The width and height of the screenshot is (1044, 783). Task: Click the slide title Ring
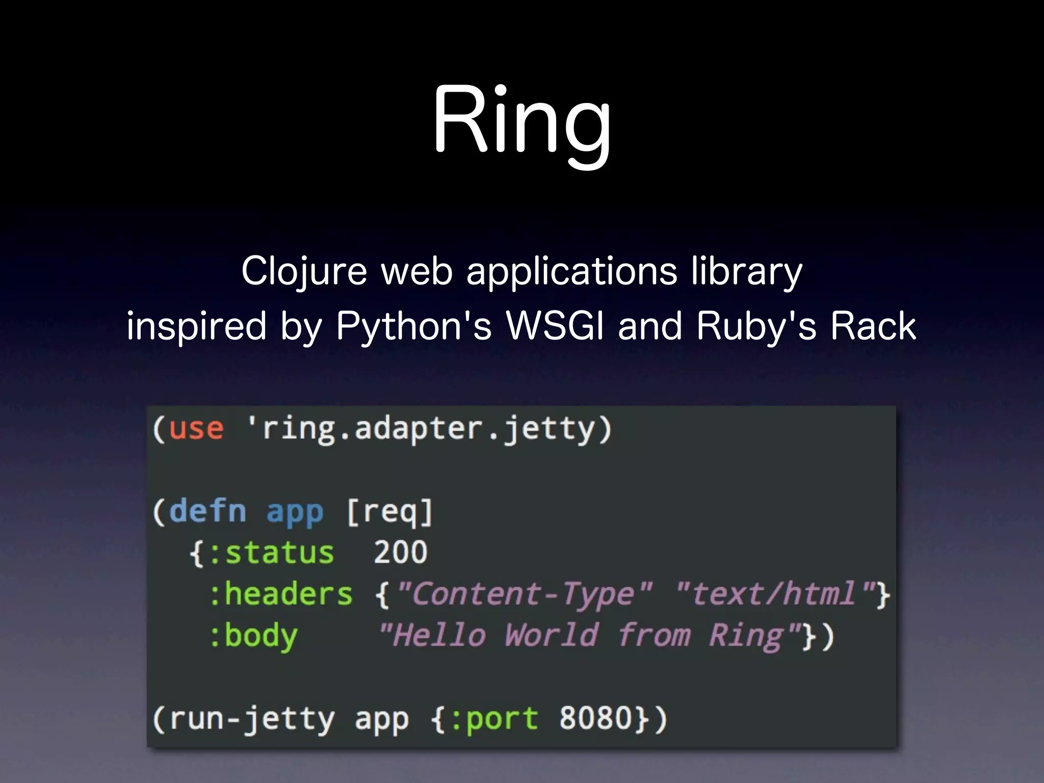(x=521, y=121)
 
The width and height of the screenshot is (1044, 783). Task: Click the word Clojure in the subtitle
(x=304, y=271)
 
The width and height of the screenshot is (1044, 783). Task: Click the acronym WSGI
(x=555, y=326)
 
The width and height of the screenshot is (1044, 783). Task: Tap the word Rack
(x=873, y=326)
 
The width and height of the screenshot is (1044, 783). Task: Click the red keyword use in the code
(x=196, y=429)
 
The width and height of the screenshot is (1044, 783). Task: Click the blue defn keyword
(x=207, y=511)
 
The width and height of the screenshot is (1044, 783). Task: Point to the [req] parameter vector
(x=389, y=511)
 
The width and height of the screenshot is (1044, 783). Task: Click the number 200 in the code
(x=400, y=553)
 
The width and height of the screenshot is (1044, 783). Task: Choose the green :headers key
(x=280, y=594)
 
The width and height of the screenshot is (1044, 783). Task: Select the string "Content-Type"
(x=524, y=594)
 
